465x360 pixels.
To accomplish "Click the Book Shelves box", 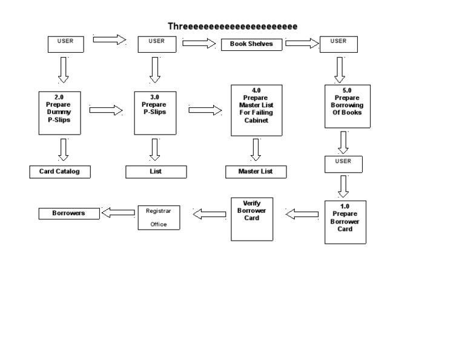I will pos(251,44).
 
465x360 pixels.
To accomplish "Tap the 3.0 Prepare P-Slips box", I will pos(154,113).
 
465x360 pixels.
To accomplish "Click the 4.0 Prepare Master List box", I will pos(256,110).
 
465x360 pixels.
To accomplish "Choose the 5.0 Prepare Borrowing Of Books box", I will pos(348,106).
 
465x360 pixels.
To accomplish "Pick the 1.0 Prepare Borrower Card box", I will pos(345,222).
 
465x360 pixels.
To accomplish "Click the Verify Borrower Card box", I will pos(252,219).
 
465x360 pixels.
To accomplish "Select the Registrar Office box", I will pos(159,217).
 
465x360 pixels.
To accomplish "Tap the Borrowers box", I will pos(69,213).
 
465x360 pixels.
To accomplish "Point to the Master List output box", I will pos(256,172).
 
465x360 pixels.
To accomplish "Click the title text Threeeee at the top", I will pos(232,26).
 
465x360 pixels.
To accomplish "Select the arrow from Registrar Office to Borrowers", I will pos(119,212).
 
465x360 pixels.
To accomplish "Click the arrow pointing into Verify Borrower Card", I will pos(302,214).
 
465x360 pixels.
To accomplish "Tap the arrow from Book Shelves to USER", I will pos(302,43).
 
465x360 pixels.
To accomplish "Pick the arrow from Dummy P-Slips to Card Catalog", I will pos(63,149).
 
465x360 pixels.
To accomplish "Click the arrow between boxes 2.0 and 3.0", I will pos(106,110).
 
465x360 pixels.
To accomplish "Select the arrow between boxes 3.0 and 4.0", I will pos(205,110).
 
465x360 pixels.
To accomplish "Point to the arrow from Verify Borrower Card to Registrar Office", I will pos(209,214).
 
